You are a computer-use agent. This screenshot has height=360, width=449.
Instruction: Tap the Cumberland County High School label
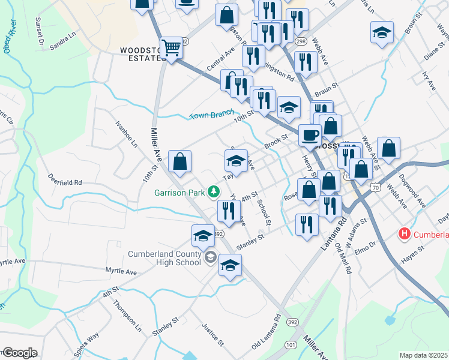point(164,258)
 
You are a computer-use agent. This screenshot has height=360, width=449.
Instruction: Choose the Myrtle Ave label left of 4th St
point(121,272)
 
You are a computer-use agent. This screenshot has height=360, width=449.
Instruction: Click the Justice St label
point(213,335)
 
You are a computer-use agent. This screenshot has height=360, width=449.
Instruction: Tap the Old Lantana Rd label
point(267,334)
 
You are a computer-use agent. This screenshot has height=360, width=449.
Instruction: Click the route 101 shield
point(291,344)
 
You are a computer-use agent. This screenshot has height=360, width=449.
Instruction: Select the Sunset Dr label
point(40,31)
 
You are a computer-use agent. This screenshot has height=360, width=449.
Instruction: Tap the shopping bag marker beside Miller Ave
point(180,161)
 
